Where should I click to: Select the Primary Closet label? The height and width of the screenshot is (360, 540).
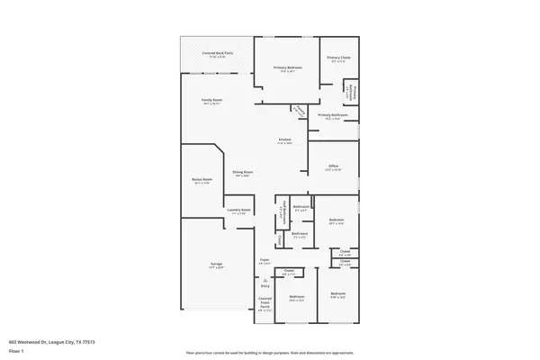point(338,58)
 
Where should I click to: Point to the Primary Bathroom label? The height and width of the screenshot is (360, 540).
point(332,116)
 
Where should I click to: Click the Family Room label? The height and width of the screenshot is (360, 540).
point(211,101)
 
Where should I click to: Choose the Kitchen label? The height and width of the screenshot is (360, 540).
point(284,140)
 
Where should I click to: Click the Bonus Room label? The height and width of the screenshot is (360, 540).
point(202,180)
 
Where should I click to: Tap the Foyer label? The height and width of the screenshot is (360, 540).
point(265,261)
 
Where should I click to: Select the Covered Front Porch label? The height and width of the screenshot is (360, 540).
point(265,304)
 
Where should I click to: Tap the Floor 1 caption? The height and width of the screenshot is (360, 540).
point(17,352)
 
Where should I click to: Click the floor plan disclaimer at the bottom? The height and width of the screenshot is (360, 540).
point(269,352)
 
